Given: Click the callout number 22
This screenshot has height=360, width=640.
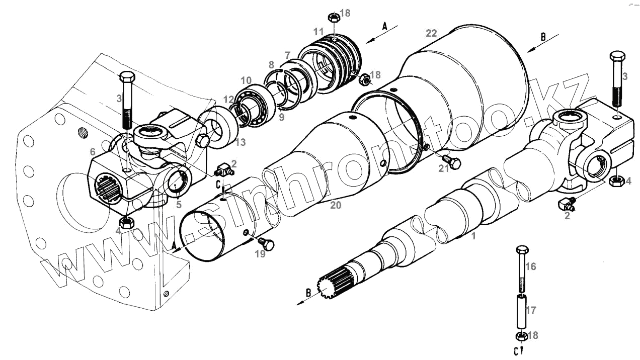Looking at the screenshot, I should click(x=431, y=34).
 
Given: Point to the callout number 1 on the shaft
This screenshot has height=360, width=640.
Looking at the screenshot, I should click(x=473, y=235).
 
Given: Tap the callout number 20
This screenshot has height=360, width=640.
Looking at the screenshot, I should click(x=336, y=205).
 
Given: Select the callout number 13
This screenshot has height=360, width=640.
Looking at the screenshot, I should click(x=241, y=143).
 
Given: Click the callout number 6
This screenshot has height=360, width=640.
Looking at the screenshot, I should click(x=93, y=151).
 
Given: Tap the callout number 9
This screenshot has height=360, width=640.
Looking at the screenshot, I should click(x=281, y=117).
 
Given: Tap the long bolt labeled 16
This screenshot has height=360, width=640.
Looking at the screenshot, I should click(x=522, y=268).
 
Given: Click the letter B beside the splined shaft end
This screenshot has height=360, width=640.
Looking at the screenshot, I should click(x=308, y=293).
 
